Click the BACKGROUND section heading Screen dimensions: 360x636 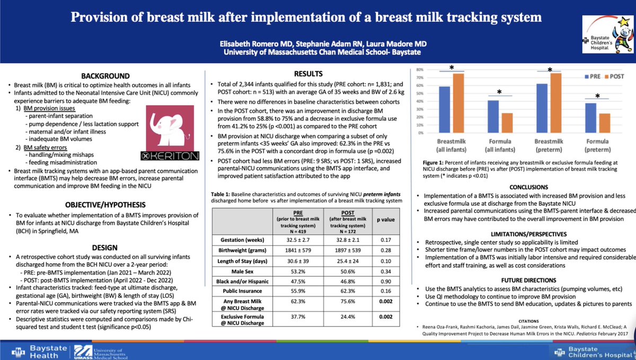click(104, 76)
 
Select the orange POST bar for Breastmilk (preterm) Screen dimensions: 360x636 click(555, 102)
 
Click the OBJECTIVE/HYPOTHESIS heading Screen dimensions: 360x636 click(104, 205)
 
